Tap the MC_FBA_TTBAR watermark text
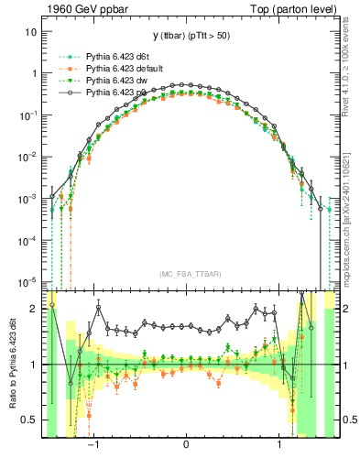[186, 272]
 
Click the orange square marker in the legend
[62, 69]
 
